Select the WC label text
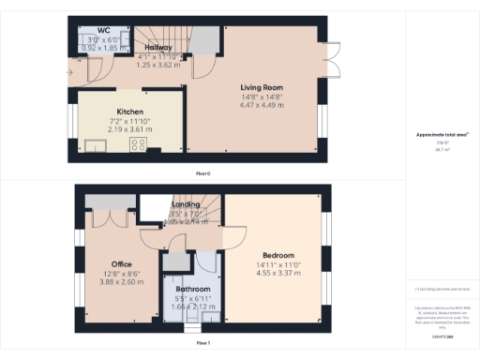90,30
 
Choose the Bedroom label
278,255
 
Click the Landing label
186,203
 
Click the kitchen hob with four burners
139,144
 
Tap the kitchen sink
95,143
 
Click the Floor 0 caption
202,172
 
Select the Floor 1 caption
202,343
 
